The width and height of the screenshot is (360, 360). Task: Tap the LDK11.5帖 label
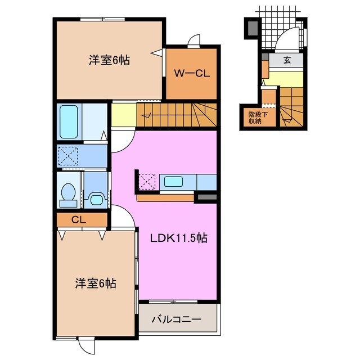pyautogui.click(x=178, y=238)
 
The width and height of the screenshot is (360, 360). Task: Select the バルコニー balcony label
pyautogui.click(x=176, y=319)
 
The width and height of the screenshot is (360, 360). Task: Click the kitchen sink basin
pyautogui.click(x=173, y=181)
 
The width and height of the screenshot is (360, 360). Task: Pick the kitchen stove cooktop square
pyautogui.click(x=147, y=182)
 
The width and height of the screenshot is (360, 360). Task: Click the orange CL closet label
pyautogui.click(x=78, y=219)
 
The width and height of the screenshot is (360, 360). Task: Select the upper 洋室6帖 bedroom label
pyautogui.click(x=109, y=60)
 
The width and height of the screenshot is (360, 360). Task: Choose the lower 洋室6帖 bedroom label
pyautogui.click(x=96, y=283)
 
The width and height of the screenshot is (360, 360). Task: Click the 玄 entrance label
pyautogui.click(x=287, y=61)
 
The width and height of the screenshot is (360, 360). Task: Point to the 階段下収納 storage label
pyautogui.click(x=255, y=118)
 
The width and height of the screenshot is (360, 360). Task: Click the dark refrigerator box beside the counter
pyautogui.click(x=205, y=197)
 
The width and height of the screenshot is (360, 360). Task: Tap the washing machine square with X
pyautogui.click(x=69, y=156)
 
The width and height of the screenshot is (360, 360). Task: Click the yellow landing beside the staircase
pyautogui.click(x=124, y=115)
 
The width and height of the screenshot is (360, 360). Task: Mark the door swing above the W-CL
pyautogui.click(x=193, y=40)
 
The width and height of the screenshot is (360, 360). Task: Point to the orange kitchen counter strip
pyautogui.click(x=166, y=198)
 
